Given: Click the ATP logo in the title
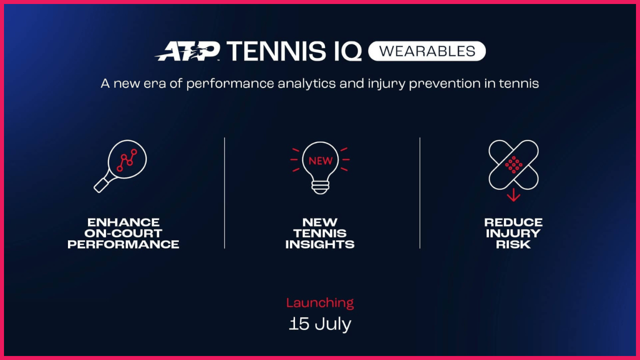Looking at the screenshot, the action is [x=187, y=51].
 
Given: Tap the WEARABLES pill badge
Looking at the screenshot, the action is [x=427, y=51].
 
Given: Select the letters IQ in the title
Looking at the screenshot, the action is [x=348, y=51].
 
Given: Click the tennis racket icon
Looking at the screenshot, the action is [x=120, y=166].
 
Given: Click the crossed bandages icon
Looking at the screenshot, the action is [x=513, y=165].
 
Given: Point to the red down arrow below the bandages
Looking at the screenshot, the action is [x=513, y=195].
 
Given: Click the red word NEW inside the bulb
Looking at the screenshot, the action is [x=320, y=161].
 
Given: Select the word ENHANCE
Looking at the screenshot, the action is [x=123, y=222].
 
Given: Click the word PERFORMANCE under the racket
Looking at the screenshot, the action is [x=123, y=244].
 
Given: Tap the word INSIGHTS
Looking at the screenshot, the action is [x=320, y=244].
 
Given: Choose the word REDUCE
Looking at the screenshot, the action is [x=513, y=222].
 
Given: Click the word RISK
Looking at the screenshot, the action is [x=513, y=244].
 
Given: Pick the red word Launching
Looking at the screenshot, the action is [x=320, y=303].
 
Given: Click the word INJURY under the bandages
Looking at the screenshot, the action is [x=513, y=233].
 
